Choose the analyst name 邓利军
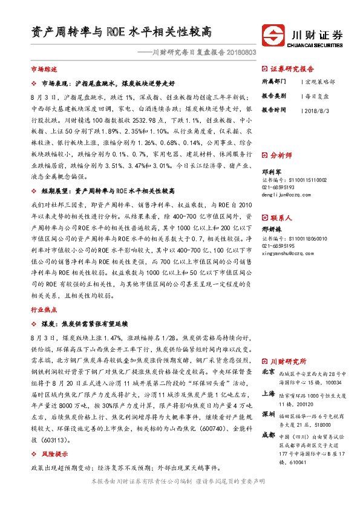[271, 172]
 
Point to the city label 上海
[268, 393]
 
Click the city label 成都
[268, 436]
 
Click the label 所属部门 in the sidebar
[273, 81]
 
